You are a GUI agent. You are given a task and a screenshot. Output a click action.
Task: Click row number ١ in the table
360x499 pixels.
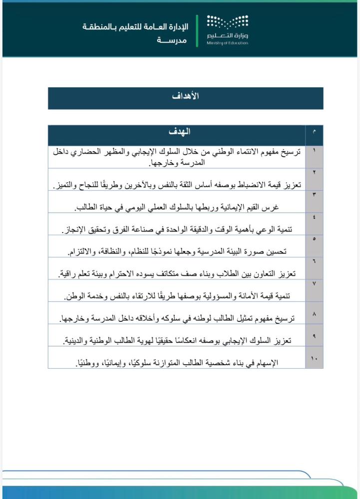pyautogui.click(x=314, y=150)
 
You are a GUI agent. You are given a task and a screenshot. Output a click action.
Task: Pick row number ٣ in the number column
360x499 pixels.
pyautogui.click(x=314, y=195)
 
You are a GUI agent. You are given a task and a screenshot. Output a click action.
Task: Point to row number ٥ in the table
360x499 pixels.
pyautogui.click(x=314, y=239)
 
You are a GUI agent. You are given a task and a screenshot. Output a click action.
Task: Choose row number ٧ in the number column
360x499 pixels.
pyautogui.click(x=314, y=283)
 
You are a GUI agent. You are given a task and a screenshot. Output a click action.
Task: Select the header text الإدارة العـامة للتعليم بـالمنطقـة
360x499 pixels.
pyautogui.click(x=135, y=26)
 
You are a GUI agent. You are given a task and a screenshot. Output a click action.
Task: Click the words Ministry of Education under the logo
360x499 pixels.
pyautogui.click(x=227, y=43)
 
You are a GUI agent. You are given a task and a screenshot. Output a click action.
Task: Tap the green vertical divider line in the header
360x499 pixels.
pyautogui.click(x=197, y=30)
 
